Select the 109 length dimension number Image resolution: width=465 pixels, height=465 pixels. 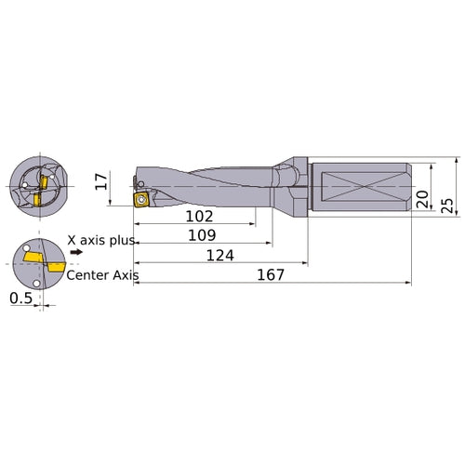(x=202, y=236)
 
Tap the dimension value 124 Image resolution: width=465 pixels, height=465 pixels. (x=219, y=255)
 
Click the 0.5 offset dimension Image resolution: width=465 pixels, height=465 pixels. (x=19, y=299)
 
